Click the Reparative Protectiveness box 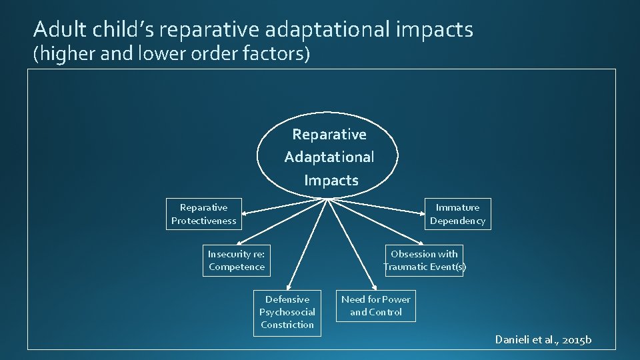coord(203,214)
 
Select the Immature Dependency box coord(457,214)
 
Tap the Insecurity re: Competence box coord(236,260)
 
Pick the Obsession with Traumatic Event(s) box coord(424,260)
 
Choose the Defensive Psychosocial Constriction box coord(287,312)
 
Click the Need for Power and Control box coord(376,305)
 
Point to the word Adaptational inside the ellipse coord(329,157)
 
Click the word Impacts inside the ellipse coord(331,180)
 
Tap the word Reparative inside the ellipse coord(329,135)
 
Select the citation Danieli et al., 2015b coord(543,340)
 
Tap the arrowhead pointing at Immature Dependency coord(422,213)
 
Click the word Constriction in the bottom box coord(287,325)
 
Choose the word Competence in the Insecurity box coord(236,267)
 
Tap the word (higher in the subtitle coord(64,53)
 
